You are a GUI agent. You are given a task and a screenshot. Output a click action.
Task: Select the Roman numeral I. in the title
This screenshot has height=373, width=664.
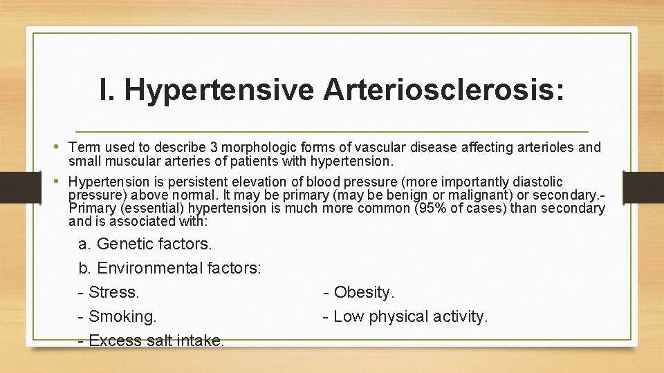click(107, 90)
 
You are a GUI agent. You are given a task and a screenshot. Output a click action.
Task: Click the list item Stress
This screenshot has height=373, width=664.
click(113, 293)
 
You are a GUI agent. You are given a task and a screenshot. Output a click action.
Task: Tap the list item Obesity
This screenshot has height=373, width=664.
click(363, 293)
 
